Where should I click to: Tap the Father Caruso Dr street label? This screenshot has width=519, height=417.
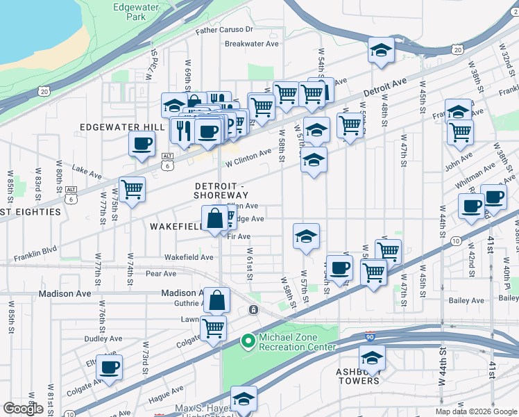224,30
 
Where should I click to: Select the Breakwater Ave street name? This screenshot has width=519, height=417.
251,43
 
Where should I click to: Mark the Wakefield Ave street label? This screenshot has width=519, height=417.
189,257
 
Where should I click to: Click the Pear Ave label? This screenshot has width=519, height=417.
161,274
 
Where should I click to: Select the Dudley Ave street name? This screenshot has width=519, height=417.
84,338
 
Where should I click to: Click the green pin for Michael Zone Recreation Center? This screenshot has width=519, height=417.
247,341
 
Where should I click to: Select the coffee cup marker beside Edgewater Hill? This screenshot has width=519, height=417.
142,145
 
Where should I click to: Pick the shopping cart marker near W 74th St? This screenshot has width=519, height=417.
131,189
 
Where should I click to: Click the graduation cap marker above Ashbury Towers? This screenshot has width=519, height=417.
372,359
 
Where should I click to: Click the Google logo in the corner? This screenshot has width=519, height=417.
23,409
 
